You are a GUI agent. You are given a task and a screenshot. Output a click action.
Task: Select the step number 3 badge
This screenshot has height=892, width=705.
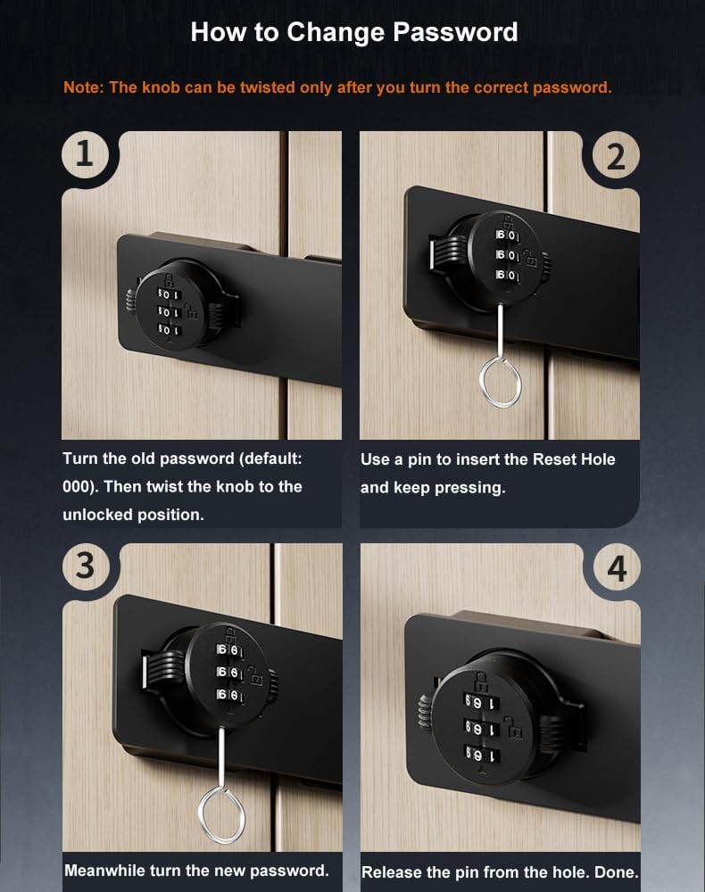(85, 566)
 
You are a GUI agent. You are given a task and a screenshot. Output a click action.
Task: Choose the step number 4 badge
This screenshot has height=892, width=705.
(617, 567)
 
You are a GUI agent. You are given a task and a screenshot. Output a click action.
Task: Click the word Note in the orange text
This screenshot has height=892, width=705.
(82, 88)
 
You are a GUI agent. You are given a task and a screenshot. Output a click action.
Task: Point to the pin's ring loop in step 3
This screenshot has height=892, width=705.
(221, 814)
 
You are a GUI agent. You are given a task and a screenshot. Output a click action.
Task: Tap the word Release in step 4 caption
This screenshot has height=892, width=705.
(390, 872)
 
